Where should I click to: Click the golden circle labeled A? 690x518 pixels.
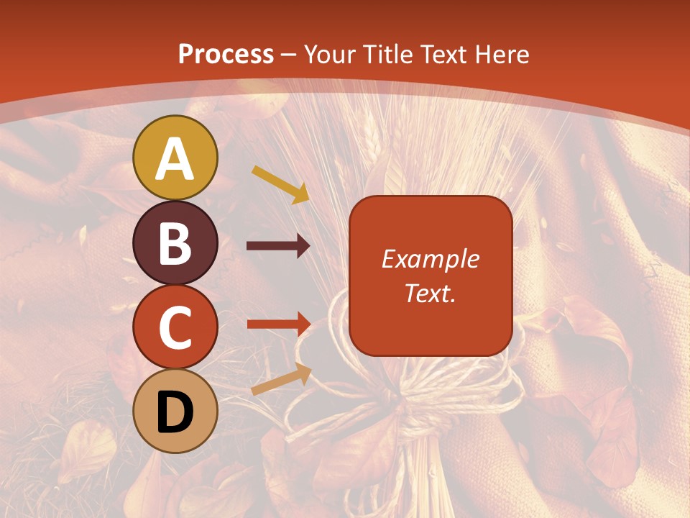click(x=175, y=158)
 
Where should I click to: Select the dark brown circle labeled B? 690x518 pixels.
click(x=175, y=242)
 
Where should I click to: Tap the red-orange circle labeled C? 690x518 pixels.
click(x=175, y=327)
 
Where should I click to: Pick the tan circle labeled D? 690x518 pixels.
click(x=175, y=411)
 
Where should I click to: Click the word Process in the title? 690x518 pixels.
click(x=226, y=54)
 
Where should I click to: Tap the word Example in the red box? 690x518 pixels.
click(x=431, y=259)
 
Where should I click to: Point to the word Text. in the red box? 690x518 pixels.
click(x=431, y=293)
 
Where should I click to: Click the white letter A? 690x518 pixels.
click(x=175, y=159)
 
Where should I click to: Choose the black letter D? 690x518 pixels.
click(x=175, y=412)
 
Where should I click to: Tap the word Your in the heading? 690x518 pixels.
click(x=331, y=54)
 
